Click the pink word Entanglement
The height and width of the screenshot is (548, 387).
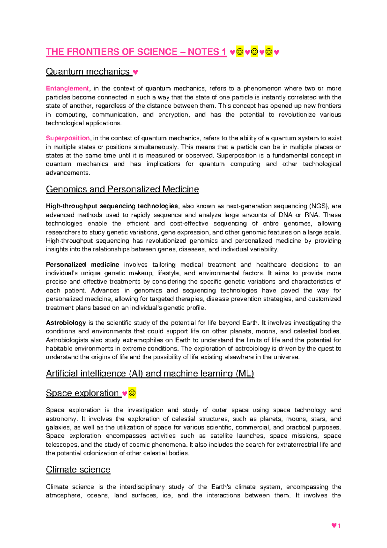pyautogui.click(x=67, y=88)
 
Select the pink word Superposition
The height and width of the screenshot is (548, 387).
pyautogui.click(x=68, y=138)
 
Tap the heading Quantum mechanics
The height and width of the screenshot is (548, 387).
pyautogui.click(x=87, y=72)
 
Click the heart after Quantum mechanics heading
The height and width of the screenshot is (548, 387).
pyautogui.click(x=135, y=72)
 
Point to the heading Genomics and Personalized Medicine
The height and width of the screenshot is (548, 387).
pyautogui.click(x=122, y=189)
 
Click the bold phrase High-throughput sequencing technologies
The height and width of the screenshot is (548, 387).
pyautogui.click(x=112, y=206)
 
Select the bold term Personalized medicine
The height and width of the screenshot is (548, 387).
pyautogui.click(x=83, y=265)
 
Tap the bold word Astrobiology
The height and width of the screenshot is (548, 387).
pyautogui.click(x=66, y=323)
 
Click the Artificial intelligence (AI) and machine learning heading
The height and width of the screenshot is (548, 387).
pyautogui.click(x=150, y=374)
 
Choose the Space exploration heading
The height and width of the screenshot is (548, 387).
pyautogui.click(x=82, y=393)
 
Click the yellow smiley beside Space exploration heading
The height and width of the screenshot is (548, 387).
pyautogui.click(x=132, y=393)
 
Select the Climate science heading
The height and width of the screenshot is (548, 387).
pyautogui.click(x=78, y=470)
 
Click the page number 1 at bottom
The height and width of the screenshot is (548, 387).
pyautogui.click(x=339, y=526)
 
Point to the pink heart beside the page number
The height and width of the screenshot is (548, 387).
pyautogui.click(x=334, y=526)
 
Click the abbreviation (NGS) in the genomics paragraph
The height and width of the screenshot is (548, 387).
pyautogui.click(x=319, y=206)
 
